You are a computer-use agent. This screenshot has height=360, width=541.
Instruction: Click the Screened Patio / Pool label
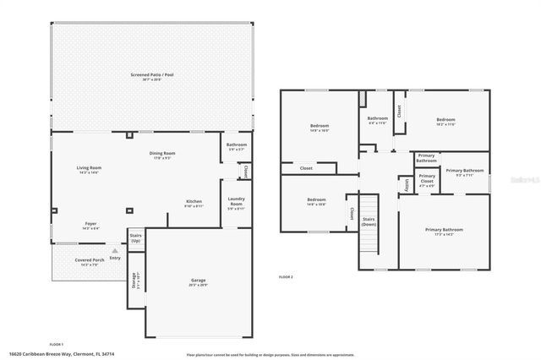tap(152, 76)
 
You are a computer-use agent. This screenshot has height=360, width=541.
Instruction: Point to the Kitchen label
tap(194, 203)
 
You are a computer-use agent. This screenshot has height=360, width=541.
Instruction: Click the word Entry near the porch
tap(115, 257)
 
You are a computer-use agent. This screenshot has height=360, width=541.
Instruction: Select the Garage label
tap(198, 281)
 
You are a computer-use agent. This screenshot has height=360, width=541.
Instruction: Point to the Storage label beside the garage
tap(134, 280)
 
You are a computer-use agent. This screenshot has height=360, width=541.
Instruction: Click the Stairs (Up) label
tap(134, 237)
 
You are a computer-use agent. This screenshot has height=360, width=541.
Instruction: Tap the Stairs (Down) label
tap(369, 221)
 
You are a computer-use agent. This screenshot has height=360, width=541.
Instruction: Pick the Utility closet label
tap(407, 184)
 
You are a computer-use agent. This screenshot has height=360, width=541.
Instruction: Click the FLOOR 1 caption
tap(57, 344)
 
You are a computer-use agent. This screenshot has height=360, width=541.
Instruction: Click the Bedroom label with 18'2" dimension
tap(445, 122)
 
